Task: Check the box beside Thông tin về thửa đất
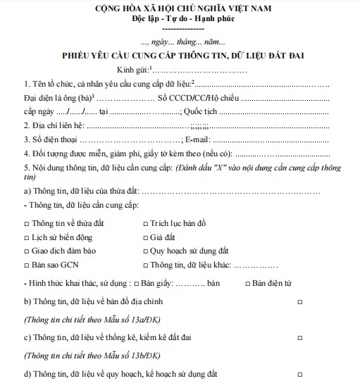pyautogui.click(x=26, y=223)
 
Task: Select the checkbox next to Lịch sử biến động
pyautogui.click(x=26, y=237)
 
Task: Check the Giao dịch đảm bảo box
pyautogui.click(x=26, y=251)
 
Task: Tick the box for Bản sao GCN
pyautogui.click(x=26, y=265)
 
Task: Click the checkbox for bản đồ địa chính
pyautogui.click(x=300, y=301)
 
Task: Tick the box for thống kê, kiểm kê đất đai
pyautogui.click(x=300, y=337)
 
